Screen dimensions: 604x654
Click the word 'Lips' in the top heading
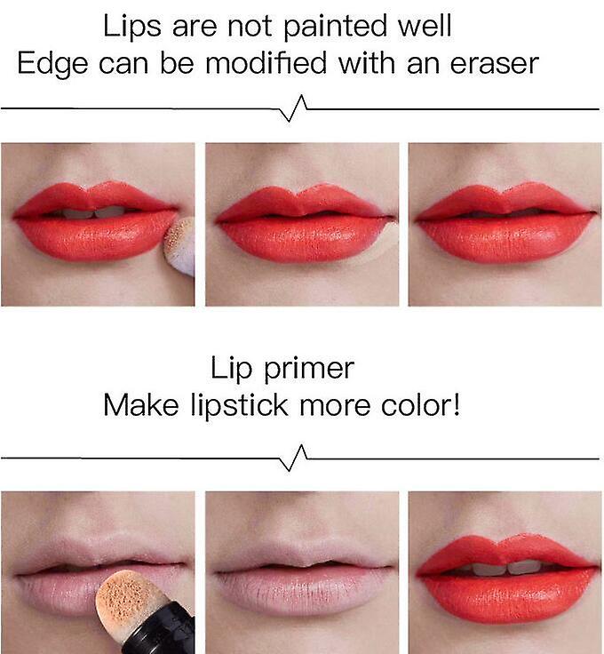(131, 28)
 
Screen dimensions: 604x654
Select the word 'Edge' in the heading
(52, 65)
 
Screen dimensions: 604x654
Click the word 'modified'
(266, 63)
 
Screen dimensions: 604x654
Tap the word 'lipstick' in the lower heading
(239, 406)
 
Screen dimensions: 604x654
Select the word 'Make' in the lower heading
(141, 404)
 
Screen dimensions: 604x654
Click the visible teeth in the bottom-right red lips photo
(505, 567)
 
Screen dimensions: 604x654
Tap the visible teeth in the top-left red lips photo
(95, 212)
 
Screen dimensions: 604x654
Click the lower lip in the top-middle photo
(304, 238)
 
